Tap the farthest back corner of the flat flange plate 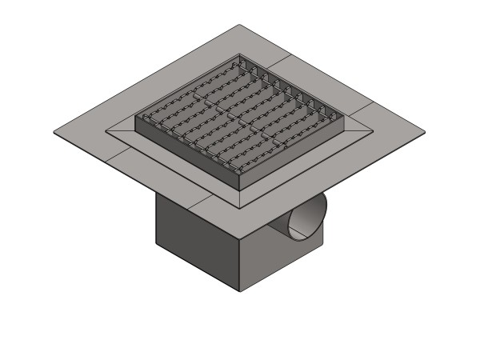point(241,25)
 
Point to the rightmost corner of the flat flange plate point(425,131)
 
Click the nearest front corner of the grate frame point(241,190)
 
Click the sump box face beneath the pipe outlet point(272,256)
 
